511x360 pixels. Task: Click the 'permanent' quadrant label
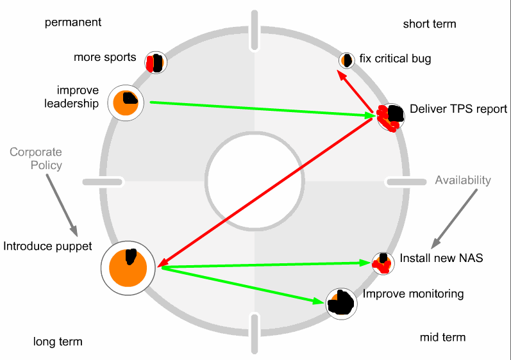[x=73, y=22]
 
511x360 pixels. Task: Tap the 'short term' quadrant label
[x=430, y=24]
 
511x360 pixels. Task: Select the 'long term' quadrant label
[x=58, y=341]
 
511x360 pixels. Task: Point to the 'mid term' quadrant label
[x=442, y=337]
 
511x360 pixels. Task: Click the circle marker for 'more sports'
[x=156, y=62]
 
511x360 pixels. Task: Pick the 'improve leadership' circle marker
[x=126, y=102]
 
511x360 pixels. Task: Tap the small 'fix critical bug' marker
[x=347, y=60]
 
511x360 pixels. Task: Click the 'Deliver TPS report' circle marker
[x=390, y=117]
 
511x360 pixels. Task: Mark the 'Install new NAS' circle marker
[x=383, y=263]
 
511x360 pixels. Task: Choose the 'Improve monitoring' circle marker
[x=341, y=302]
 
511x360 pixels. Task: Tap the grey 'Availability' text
[x=463, y=181]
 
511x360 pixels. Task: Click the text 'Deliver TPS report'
[x=458, y=109]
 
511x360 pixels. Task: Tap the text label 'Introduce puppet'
[x=47, y=246]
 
